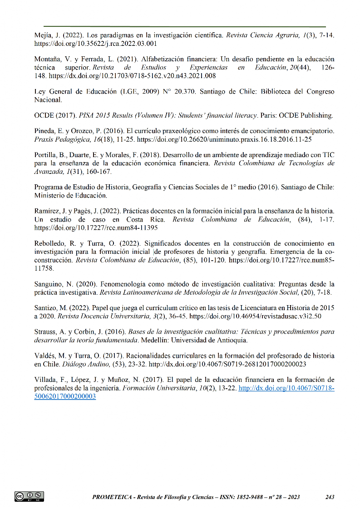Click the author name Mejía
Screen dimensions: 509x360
click(x=44, y=35)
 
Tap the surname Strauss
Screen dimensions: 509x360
click(x=45, y=331)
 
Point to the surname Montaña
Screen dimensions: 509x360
click(x=48, y=59)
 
